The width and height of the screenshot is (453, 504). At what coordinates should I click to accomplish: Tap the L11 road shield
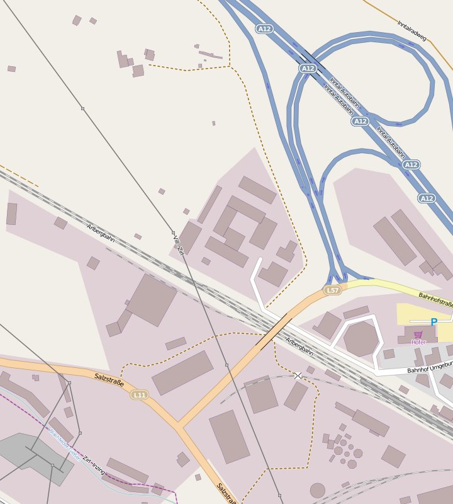click(139, 395)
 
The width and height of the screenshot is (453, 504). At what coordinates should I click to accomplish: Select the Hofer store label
click(418, 342)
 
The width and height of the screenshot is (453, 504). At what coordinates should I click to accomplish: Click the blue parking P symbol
click(433, 322)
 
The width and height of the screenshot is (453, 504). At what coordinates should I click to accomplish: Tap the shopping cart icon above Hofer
click(418, 335)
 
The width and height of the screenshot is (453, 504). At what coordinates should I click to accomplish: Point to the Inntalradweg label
click(412, 30)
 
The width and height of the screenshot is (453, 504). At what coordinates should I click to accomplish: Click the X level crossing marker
click(298, 375)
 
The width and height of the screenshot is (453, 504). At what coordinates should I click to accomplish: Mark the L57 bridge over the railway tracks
click(274, 331)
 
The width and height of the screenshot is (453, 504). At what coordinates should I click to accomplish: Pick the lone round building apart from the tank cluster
click(318, 490)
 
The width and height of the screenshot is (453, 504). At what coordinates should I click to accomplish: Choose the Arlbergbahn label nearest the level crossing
click(299, 346)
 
